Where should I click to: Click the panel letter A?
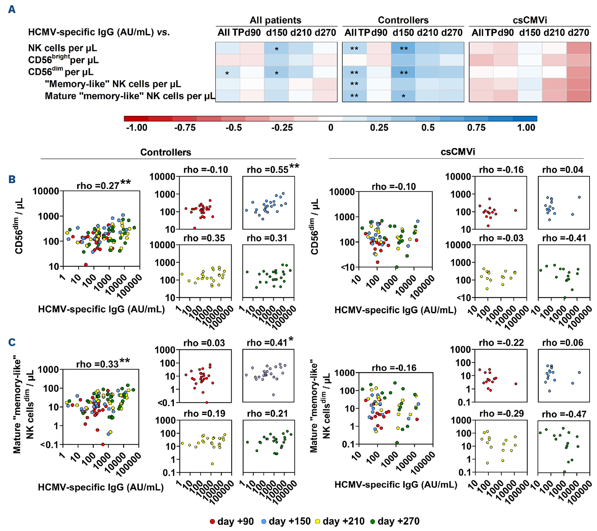12,10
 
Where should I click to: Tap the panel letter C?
12,342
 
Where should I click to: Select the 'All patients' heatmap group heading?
275,20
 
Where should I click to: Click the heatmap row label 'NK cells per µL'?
63,48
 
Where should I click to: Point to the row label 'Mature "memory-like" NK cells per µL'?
130,96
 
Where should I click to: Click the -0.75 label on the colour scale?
185,128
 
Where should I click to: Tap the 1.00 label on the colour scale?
526,128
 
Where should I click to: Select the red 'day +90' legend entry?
232,521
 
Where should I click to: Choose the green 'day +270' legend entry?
395,521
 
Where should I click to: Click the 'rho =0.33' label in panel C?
97,364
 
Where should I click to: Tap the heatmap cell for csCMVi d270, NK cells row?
579,48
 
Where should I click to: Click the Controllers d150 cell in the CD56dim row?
403,72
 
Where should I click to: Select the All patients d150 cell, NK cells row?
276,48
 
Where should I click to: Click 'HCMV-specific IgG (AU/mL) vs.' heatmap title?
99,32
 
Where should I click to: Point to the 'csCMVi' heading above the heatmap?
530,20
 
